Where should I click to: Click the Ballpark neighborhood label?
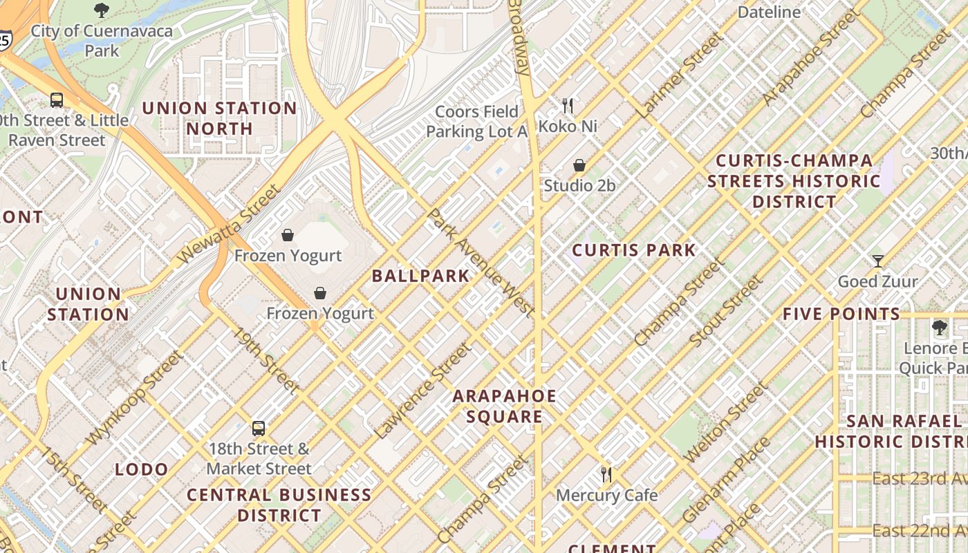click(420, 276)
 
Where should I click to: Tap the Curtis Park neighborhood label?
click(634, 250)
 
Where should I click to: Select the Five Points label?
click(841, 314)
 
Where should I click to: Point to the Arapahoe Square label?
click(504, 406)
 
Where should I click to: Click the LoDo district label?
click(142, 470)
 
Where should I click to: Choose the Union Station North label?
click(219, 118)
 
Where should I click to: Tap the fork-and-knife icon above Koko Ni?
click(568, 106)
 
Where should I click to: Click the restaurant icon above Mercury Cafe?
click(606, 474)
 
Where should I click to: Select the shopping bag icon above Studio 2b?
click(579, 165)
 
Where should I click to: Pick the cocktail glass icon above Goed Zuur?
click(878, 261)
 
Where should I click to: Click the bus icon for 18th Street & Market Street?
click(259, 428)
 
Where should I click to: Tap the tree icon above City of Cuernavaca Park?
click(102, 10)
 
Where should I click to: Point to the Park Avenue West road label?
click(480, 263)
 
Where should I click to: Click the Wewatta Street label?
click(228, 223)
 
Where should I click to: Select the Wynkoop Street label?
click(135, 397)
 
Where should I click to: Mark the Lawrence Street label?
click(422, 392)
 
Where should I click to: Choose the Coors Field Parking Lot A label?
click(476, 122)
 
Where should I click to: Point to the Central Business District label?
click(279, 505)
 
